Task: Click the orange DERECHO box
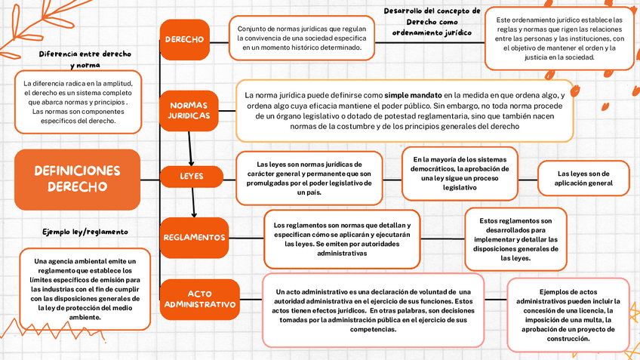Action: point(184,39)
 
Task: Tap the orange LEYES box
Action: point(191,177)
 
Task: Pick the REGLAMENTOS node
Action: point(194,237)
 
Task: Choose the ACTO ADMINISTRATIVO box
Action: point(200,299)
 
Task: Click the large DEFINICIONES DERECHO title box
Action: point(77,179)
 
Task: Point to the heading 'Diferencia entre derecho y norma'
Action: point(85,60)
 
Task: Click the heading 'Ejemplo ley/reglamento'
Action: point(85,231)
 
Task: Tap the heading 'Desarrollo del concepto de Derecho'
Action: point(432,22)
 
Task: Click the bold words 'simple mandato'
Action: point(413,96)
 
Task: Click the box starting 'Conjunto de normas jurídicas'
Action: point(301,38)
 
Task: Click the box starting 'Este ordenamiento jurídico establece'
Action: point(558,38)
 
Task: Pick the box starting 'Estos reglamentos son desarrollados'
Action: point(515,239)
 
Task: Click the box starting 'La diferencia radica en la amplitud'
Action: point(78,102)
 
